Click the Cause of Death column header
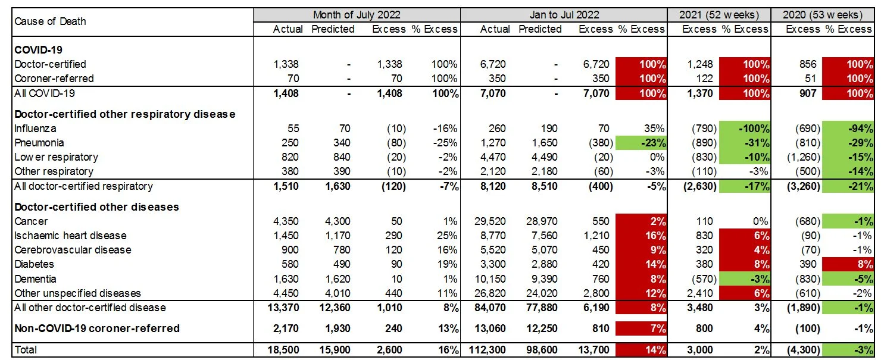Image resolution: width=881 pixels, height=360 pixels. [51, 21]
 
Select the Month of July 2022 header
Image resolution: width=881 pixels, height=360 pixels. [357, 14]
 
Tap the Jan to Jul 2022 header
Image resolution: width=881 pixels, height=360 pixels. [564, 14]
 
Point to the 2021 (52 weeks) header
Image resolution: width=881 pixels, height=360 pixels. [719, 14]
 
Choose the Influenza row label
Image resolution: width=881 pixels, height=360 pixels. [34, 129]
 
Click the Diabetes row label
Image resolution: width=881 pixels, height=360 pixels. [34, 264]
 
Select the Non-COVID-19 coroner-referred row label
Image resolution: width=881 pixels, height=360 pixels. [97, 328]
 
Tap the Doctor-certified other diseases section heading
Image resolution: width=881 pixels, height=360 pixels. [97, 207]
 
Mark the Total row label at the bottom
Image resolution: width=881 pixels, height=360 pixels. [26, 350]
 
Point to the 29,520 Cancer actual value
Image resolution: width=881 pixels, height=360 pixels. [495, 221]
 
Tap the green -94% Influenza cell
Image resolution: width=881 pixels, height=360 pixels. [848, 129]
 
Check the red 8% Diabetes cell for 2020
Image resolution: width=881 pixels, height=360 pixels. [848, 264]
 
